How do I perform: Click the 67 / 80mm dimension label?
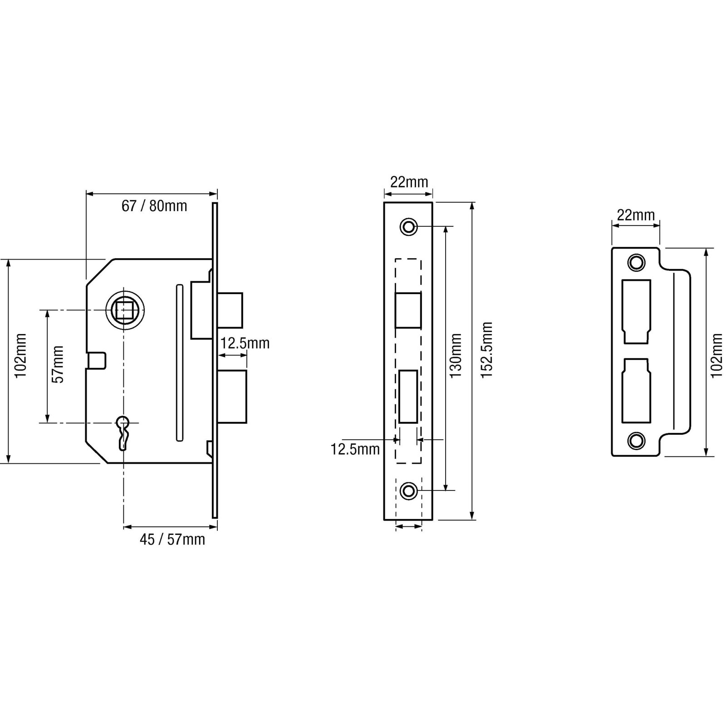(x=154, y=206)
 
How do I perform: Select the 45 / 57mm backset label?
(x=172, y=540)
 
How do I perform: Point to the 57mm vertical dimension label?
(x=58, y=364)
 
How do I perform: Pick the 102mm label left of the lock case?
(x=20, y=356)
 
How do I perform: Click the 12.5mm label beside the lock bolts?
(x=245, y=343)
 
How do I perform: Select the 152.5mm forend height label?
(x=487, y=350)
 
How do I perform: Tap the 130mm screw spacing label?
(x=456, y=356)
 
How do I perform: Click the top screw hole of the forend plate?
(x=409, y=226)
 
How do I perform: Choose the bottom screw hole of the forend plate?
(x=409, y=491)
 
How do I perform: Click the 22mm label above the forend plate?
(x=409, y=182)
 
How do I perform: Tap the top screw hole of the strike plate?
(x=636, y=262)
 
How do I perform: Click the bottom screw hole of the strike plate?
(x=636, y=440)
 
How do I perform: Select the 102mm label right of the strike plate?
(x=716, y=356)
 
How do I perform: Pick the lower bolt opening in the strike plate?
(x=636, y=391)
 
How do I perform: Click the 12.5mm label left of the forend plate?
(x=355, y=449)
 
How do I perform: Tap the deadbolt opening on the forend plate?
(x=408, y=397)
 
